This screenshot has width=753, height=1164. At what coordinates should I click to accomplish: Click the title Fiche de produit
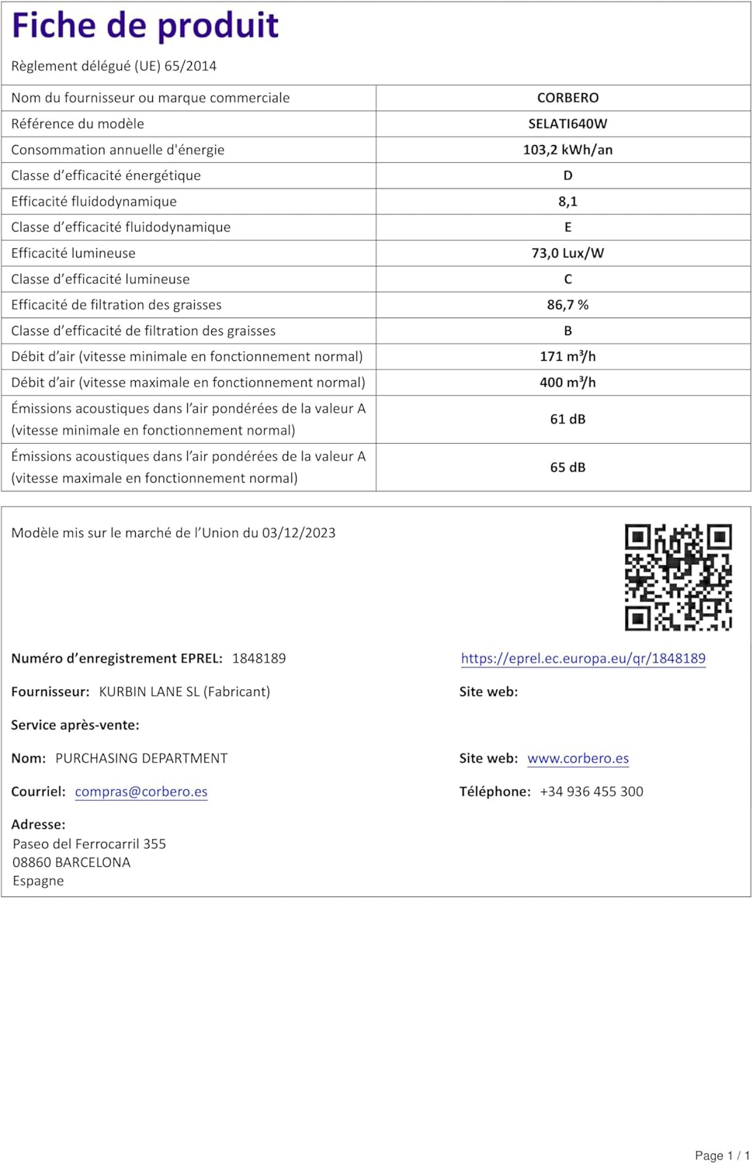[145, 26]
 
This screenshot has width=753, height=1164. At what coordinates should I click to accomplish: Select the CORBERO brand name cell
[567, 98]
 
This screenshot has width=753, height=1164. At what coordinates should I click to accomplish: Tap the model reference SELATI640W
[567, 123]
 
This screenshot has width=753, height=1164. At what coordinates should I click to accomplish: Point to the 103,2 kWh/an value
[567, 150]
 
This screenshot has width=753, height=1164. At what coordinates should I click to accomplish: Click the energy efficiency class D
[567, 175]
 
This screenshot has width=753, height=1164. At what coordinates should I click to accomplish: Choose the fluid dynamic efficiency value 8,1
[567, 202]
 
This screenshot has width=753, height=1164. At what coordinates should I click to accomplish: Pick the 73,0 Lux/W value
[567, 253]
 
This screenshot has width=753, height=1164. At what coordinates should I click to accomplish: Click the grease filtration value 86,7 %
[567, 305]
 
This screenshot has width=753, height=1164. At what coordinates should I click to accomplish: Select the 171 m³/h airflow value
[567, 356]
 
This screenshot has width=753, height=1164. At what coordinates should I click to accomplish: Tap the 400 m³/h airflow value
[567, 383]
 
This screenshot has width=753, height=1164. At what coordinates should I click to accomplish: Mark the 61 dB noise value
[567, 419]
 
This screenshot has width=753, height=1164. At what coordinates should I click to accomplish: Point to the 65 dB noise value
[567, 467]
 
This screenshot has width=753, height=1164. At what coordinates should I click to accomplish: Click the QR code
[678, 577]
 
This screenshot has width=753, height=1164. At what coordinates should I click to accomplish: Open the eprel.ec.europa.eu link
[583, 659]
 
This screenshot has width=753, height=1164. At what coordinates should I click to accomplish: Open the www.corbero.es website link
[578, 758]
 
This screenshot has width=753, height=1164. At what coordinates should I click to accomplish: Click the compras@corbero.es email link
[141, 792]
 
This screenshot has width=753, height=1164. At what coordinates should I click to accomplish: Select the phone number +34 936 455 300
[592, 792]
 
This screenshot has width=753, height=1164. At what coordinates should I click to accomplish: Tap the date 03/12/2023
[299, 533]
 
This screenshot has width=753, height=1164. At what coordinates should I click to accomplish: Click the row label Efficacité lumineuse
[73, 253]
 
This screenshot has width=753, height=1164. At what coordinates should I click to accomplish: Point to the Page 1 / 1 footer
[722, 1155]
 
